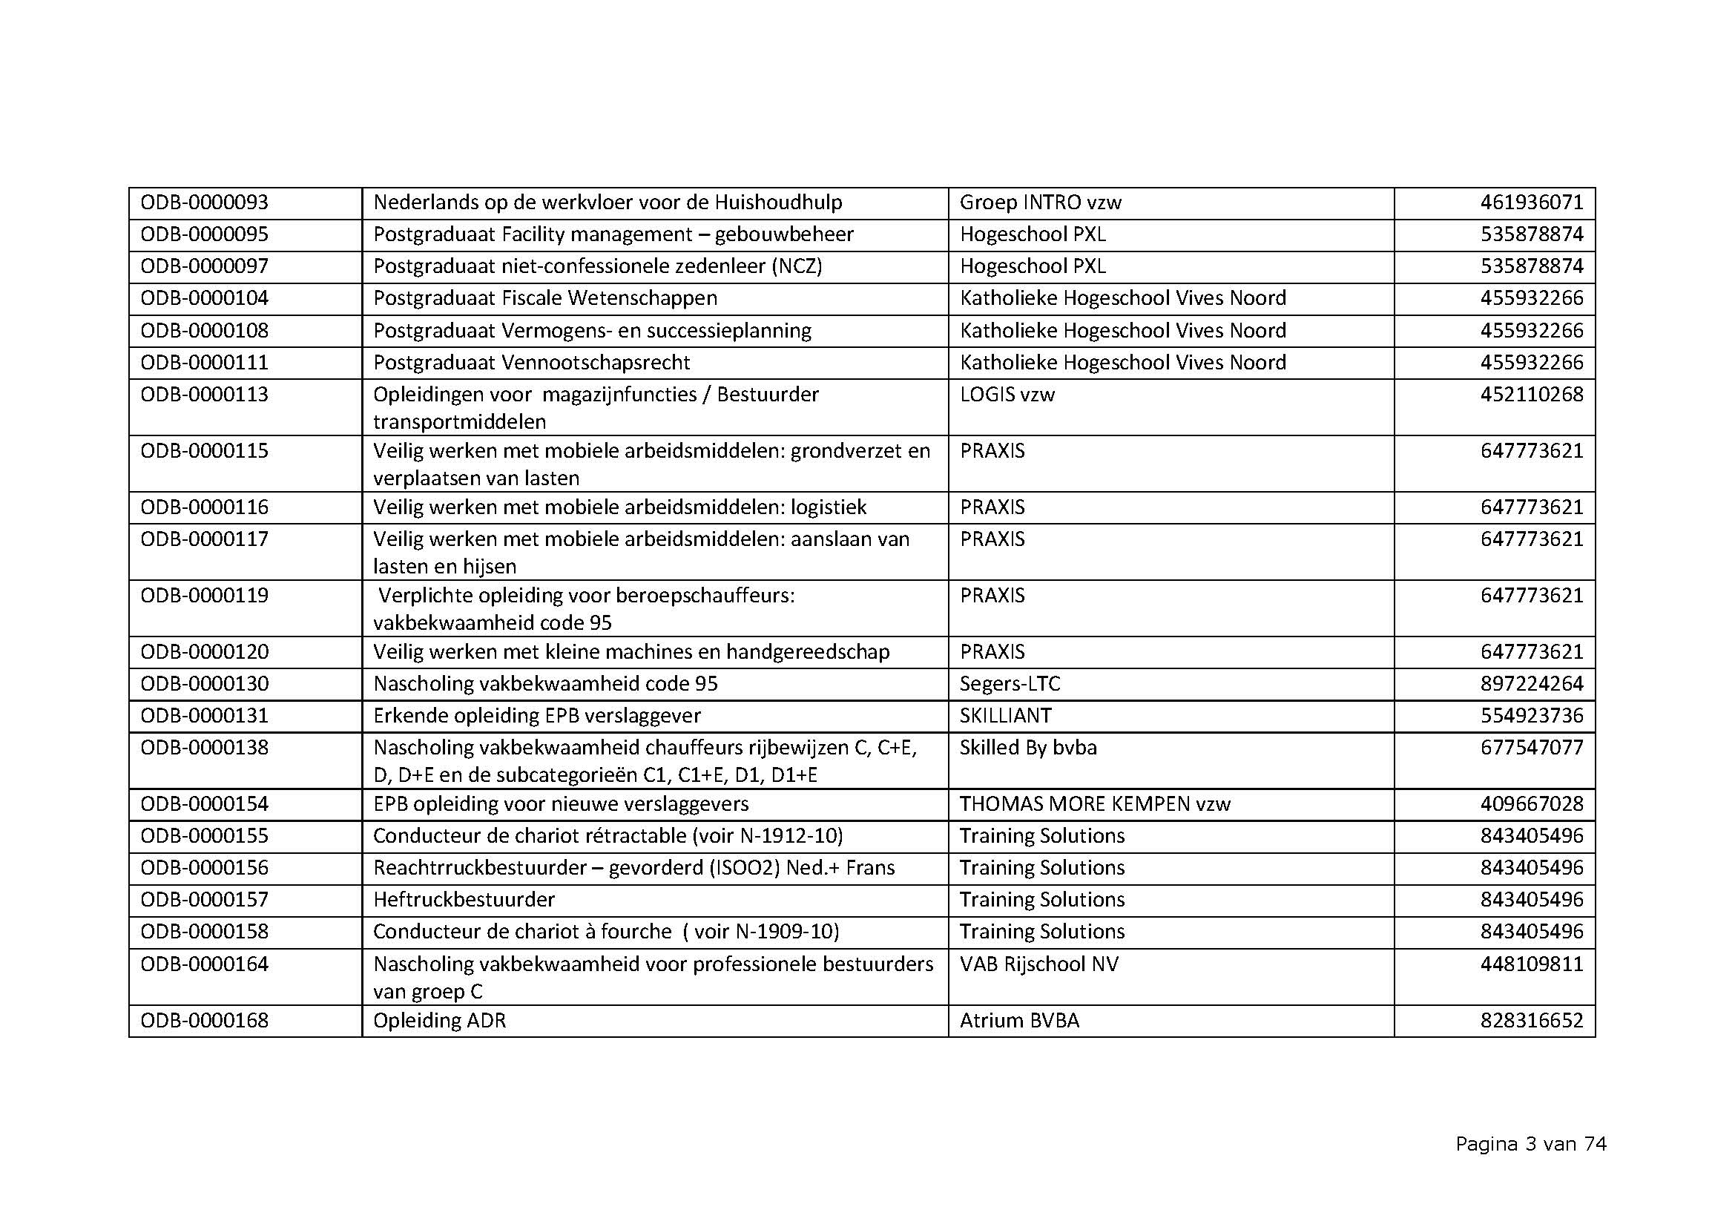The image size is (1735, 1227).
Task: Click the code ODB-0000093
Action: tap(204, 203)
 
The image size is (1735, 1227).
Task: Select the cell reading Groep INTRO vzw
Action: tap(1040, 203)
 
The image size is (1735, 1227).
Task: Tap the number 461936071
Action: tap(1531, 203)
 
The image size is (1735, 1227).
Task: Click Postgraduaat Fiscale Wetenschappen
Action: tap(545, 298)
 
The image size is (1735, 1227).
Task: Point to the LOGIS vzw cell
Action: tap(1007, 395)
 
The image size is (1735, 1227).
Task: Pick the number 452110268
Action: tap(1531, 395)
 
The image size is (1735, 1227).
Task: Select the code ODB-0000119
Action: tap(204, 596)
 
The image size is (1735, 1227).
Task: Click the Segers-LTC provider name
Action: tap(1010, 684)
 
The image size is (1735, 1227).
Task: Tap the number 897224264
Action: tap(1531, 684)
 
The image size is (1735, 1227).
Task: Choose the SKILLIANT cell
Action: tap(1005, 715)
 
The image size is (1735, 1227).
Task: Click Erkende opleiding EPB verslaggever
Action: tap(536, 715)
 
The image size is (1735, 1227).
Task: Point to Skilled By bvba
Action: tap(1027, 747)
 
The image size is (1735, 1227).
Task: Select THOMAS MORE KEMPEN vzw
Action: tap(1094, 804)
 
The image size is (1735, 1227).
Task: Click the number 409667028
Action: tap(1531, 804)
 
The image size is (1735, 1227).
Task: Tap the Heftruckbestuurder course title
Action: tap(464, 900)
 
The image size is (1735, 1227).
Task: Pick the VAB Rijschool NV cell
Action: tap(1038, 964)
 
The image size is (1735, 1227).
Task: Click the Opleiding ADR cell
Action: tap(439, 1021)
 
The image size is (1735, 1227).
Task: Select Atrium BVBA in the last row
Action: tap(1018, 1021)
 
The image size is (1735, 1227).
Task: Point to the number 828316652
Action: tap(1531, 1021)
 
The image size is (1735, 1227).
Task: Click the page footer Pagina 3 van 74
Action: tap(1530, 1145)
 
